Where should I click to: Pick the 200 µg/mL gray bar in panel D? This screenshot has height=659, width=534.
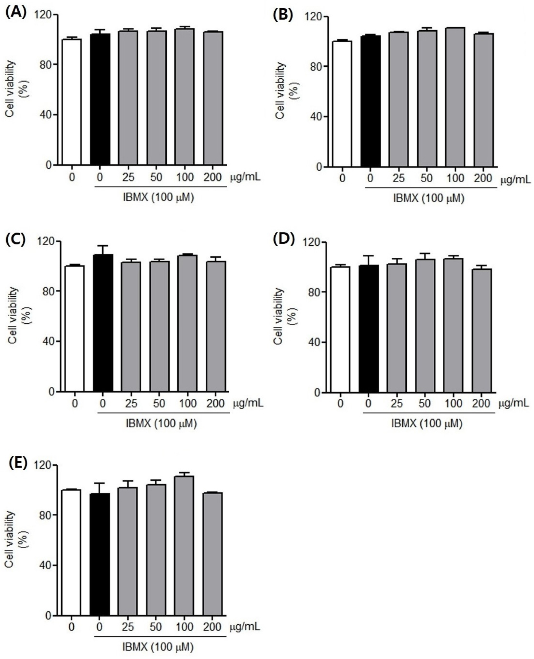pyautogui.click(x=482, y=331)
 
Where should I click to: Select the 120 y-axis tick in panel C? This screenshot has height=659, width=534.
pyautogui.click(x=49, y=241)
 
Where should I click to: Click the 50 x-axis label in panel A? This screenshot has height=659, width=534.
pyautogui.click(x=156, y=178)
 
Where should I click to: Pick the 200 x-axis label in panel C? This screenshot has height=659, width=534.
pyautogui.click(x=216, y=404)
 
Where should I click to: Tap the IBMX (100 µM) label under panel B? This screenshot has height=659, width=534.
pyautogui.click(x=429, y=198)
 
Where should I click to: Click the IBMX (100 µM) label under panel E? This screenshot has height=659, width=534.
pyautogui.click(x=158, y=647)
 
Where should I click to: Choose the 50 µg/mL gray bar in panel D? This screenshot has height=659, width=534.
pyautogui.click(x=425, y=326)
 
